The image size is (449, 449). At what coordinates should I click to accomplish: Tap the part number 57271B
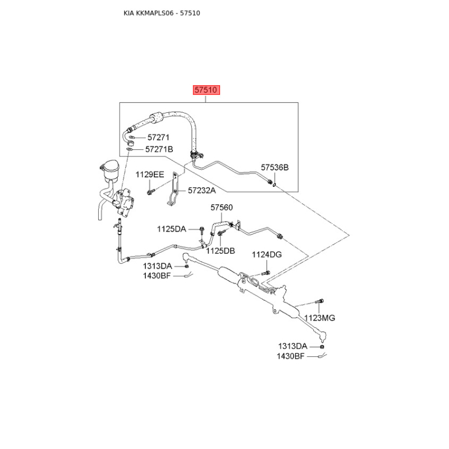(x=159, y=149)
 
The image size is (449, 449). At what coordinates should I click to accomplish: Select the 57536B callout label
(x=274, y=167)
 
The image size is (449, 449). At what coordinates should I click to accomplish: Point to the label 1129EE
(x=150, y=175)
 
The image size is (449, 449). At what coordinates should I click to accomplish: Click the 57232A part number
(x=202, y=190)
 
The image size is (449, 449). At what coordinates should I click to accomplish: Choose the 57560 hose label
(x=222, y=207)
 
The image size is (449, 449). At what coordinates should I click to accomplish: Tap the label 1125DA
(x=172, y=229)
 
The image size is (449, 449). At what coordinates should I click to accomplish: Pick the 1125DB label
(x=221, y=251)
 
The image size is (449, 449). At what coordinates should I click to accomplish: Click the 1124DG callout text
(x=267, y=254)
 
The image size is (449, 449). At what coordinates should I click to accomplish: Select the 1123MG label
(x=319, y=318)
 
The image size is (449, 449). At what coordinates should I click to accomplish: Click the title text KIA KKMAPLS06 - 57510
(x=162, y=13)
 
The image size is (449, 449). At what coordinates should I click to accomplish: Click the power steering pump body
(x=123, y=201)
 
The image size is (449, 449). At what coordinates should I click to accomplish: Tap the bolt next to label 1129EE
(x=150, y=191)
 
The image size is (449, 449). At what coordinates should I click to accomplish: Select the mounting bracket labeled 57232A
(x=174, y=189)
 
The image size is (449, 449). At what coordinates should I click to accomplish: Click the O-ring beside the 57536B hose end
(x=274, y=185)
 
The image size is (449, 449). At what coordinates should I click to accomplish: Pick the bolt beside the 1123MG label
(x=319, y=301)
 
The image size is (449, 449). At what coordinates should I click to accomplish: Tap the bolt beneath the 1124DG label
(x=266, y=273)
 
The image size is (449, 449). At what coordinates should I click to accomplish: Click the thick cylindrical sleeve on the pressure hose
(x=156, y=117)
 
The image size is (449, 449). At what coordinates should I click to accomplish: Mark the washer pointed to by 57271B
(x=130, y=149)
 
